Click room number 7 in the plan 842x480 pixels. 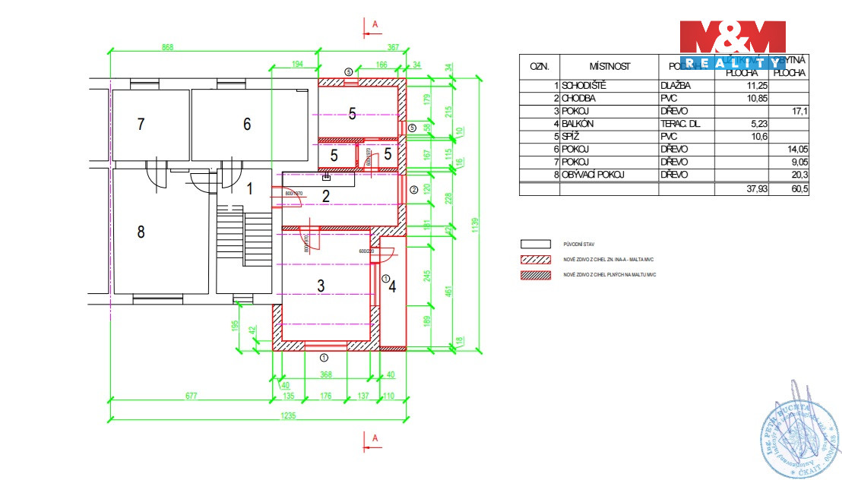(141, 124)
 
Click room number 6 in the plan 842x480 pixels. (247, 124)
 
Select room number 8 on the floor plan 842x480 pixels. (141, 232)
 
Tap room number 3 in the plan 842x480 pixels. (321, 286)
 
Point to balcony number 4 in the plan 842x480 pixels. (392, 286)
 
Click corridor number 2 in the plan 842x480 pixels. (325, 197)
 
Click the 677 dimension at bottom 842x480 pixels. (191, 396)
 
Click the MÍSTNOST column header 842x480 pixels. (609, 66)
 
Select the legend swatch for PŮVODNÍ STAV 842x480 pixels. (534, 245)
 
